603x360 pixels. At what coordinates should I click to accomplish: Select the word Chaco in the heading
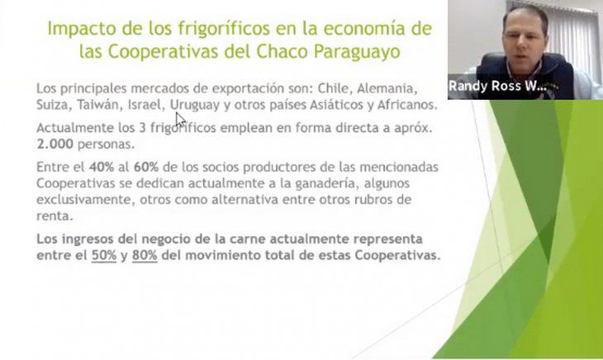(282, 51)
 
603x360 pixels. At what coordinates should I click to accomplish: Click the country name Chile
(334, 88)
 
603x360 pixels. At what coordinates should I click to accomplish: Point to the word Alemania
(387, 88)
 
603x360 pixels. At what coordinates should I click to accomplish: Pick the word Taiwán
(99, 105)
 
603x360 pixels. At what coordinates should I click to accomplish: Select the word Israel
(145, 105)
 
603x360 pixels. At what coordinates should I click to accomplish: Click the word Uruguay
(195, 106)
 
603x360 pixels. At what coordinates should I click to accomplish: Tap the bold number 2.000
(55, 144)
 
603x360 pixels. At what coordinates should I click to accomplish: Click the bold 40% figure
(102, 167)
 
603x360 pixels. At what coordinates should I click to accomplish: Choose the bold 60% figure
(146, 167)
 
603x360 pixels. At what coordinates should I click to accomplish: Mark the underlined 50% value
(104, 255)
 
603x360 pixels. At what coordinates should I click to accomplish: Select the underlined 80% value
(145, 255)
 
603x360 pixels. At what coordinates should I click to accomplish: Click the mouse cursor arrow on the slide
(180, 120)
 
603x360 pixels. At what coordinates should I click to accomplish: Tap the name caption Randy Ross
(485, 86)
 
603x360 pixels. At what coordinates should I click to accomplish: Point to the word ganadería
(327, 184)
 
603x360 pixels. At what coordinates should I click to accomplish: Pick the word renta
(55, 216)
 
